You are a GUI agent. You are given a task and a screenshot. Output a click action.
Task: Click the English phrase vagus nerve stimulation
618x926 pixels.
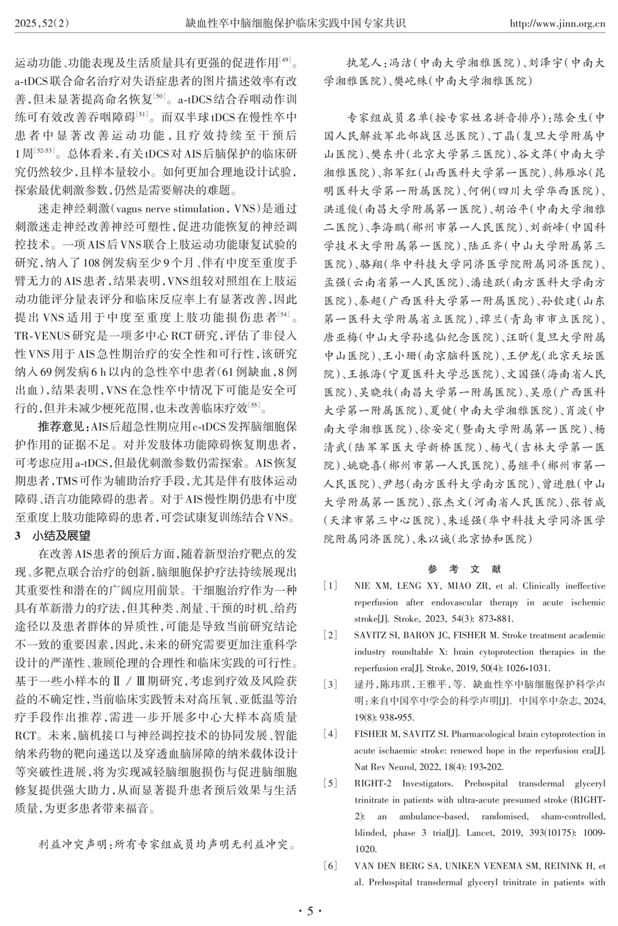point(169,209)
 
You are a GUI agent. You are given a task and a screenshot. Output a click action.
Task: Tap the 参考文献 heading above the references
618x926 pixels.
point(464,569)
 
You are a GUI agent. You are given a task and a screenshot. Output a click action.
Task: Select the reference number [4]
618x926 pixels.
point(331,734)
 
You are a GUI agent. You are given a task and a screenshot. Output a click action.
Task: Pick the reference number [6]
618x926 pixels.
point(331,866)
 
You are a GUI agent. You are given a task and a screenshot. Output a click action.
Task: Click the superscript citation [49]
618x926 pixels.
point(286,60)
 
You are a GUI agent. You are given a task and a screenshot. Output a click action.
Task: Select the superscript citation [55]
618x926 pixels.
point(253,405)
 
